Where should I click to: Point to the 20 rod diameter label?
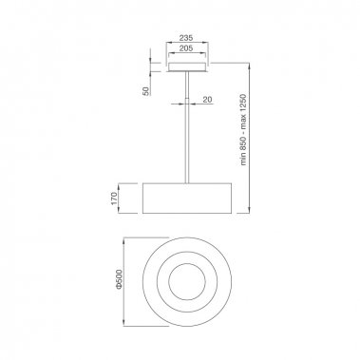coord(207,99)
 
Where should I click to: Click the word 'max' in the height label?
coord(243,113)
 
